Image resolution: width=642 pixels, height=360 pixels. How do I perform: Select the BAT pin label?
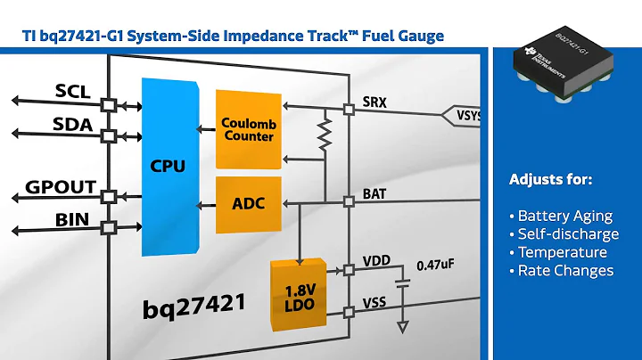(375, 193)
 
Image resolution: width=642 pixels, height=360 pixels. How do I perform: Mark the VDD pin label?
(376, 262)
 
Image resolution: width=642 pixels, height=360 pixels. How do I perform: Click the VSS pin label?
(375, 304)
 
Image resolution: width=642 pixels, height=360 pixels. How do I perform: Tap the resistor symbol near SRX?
(324, 135)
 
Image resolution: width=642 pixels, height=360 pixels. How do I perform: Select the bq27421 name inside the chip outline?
(194, 307)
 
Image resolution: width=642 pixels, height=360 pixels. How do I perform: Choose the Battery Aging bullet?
(565, 216)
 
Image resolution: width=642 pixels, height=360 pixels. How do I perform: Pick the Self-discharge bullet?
(568, 233)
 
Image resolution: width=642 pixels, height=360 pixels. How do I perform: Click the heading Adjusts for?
(550, 179)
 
